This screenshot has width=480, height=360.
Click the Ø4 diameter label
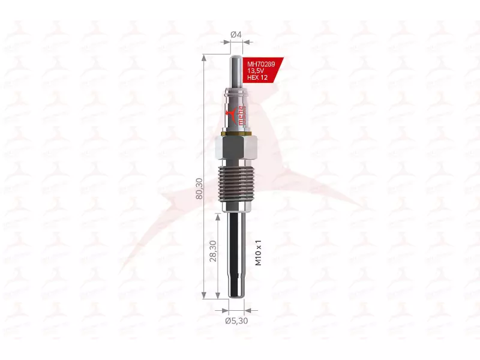tap(236, 35)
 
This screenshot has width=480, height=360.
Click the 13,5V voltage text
tap(256, 71)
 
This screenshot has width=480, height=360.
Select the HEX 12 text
tap(258, 79)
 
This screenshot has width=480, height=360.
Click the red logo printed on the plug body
tap(228, 116)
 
